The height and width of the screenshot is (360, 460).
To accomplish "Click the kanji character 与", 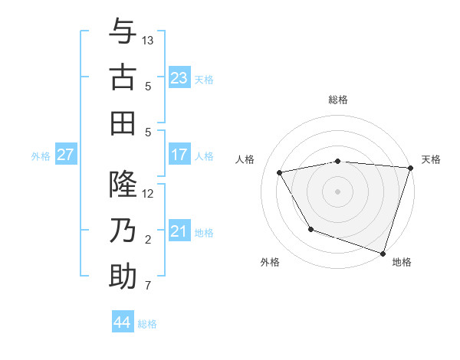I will point(123,31).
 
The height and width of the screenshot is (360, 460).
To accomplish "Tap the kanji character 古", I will point(123,77).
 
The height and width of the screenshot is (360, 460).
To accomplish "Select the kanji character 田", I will point(123,123).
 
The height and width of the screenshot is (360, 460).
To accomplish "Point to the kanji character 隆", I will point(123,185).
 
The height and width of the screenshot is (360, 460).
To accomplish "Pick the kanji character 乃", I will point(123,231).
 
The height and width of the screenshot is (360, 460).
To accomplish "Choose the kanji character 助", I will point(123,277).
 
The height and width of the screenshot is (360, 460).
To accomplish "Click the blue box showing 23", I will point(179,77).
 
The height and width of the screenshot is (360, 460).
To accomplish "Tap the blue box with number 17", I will point(179,155).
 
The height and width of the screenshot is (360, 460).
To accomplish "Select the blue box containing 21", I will point(179,231).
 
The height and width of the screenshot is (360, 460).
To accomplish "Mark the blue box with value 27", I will point(65,155).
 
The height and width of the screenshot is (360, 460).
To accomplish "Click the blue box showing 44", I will point(123,322).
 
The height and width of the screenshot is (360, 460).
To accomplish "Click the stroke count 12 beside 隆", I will point(148,194).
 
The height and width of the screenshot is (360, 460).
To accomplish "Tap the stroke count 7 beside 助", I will point(148,286).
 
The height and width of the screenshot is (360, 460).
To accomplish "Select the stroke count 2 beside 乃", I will point(148,241).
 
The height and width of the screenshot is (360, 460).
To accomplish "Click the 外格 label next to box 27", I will point(41,156).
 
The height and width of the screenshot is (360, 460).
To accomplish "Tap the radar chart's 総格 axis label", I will point(338,100).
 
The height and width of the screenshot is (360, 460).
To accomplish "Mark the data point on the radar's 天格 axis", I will point(410,168).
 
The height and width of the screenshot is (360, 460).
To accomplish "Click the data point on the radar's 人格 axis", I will point(280,173).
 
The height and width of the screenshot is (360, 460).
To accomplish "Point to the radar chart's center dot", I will point(337,191).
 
